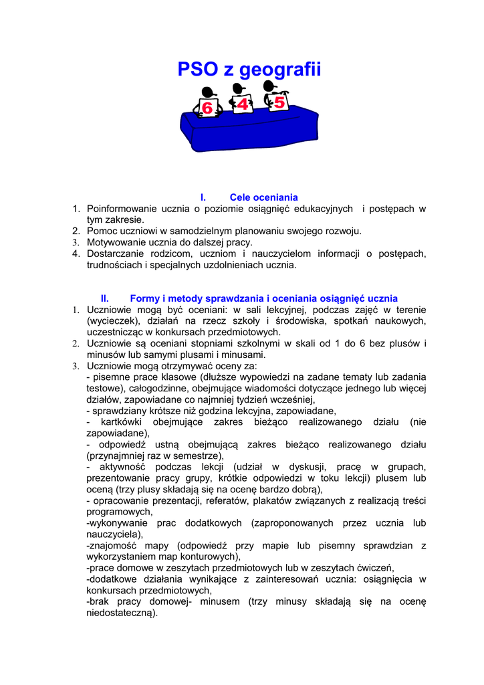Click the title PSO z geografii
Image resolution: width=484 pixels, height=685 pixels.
[249, 70]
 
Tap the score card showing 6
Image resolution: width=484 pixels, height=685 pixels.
[207, 108]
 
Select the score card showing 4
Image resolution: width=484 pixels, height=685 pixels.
[242, 104]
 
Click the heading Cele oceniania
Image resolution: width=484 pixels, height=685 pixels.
[263, 197]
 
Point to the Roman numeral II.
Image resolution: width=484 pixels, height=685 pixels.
[105, 298]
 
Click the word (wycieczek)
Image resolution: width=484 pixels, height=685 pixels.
[112, 321]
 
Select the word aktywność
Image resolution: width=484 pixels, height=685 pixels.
[125, 467]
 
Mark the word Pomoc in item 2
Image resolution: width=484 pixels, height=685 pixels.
[100, 231]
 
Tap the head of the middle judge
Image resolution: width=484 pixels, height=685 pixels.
[239, 89]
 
